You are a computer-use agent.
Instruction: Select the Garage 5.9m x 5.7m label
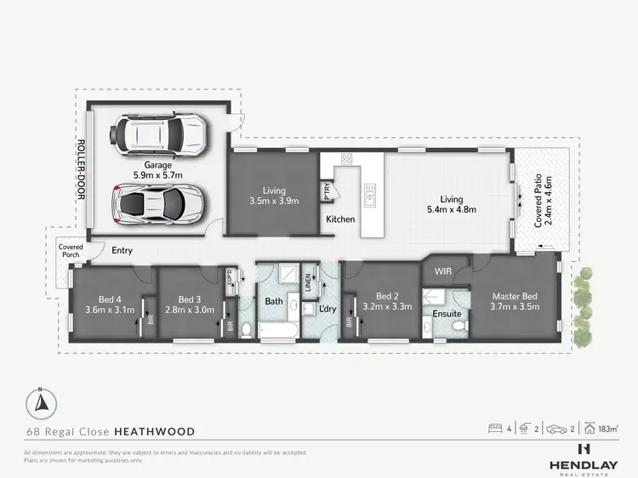coord(157,168)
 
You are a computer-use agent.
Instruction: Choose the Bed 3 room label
coord(191,304)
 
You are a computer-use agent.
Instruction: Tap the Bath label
coord(273,301)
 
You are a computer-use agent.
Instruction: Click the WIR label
coord(441,270)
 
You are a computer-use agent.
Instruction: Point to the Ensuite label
coord(447,314)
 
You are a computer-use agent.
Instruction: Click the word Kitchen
coord(340,219)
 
